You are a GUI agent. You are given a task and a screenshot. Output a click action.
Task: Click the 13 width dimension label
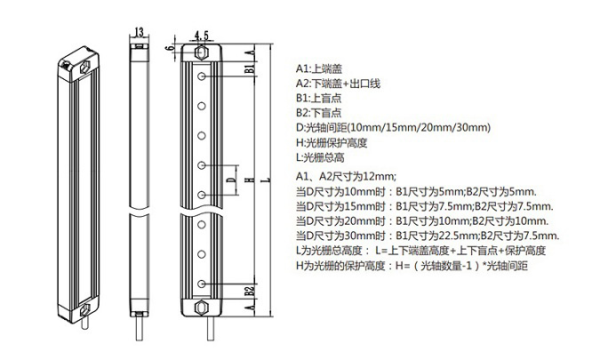[139, 32]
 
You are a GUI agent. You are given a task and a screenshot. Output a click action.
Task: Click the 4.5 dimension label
[202, 36]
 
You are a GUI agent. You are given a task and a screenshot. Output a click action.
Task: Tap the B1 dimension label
[250, 68]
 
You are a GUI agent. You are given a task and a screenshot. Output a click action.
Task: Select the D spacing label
[230, 180]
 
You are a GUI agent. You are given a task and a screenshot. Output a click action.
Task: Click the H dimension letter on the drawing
[250, 180]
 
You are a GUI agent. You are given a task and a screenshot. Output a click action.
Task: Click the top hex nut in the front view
[201, 52]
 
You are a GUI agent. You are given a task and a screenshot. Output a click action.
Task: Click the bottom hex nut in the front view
[201, 308]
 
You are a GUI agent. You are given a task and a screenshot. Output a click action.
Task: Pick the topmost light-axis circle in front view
[201, 76]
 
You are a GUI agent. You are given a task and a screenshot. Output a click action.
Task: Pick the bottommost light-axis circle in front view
[201, 284]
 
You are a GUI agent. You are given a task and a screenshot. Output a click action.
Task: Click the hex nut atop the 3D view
[85, 67]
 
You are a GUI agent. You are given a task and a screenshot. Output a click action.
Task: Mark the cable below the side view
[140, 328]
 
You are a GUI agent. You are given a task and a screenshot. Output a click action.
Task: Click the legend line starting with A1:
[319, 68]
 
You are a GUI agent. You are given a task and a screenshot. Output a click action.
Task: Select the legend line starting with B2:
[319, 113]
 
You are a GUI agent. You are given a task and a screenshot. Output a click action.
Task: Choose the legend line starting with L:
[320, 157]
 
